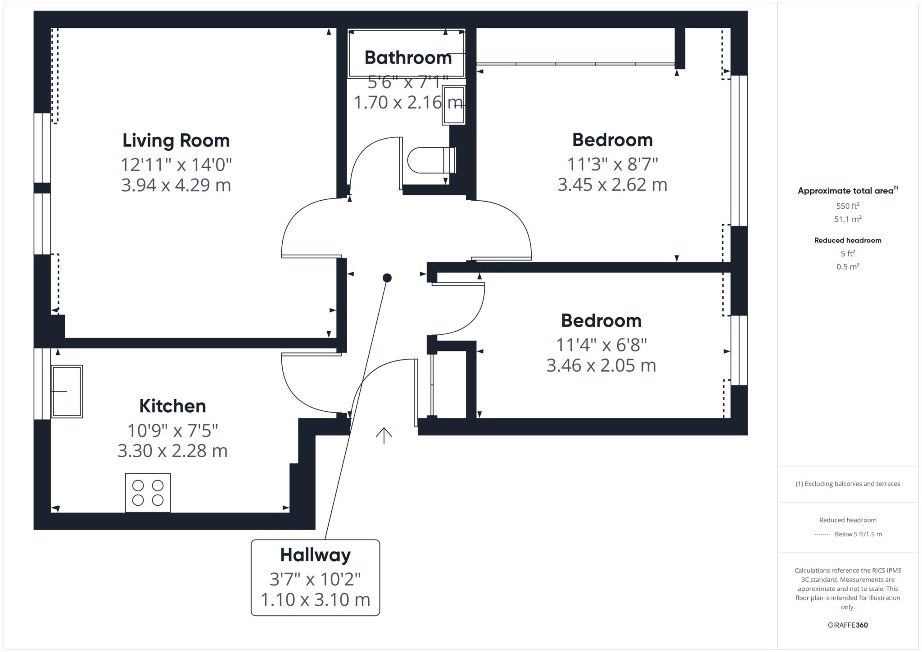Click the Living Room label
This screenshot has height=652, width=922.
[x=176, y=140]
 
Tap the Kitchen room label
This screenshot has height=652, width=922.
[x=172, y=406]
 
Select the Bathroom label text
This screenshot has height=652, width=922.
[x=408, y=58]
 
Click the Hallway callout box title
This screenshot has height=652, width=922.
[x=315, y=555]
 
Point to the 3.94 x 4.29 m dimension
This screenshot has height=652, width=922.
[x=176, y=185]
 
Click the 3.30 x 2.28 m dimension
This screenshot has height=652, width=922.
[x=172, y=450]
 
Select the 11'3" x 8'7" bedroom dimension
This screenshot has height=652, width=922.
[x=612, y=164]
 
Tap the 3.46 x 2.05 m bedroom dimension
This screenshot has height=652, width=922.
[x=601, y=365]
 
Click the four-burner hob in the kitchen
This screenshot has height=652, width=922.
[x=148, y=493]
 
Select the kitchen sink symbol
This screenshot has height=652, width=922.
[x=67, y=391]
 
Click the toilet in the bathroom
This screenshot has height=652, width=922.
[x=430, y=160]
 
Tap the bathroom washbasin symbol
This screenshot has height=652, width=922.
[x=454, y=105]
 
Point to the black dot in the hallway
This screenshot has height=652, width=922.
[x=387, y=278]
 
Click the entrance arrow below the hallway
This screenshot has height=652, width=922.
[x=384, y=435]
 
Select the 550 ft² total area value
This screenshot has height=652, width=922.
[x=848, y=206]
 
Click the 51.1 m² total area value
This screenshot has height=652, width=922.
[x=848, y=219]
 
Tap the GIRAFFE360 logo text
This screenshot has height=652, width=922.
[x=848, y=625]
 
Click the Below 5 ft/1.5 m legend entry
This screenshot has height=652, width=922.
[x=858, y=534]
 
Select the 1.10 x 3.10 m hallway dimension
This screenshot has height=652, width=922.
[x=315, y=599]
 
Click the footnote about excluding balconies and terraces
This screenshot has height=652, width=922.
[x=848, y=484]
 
